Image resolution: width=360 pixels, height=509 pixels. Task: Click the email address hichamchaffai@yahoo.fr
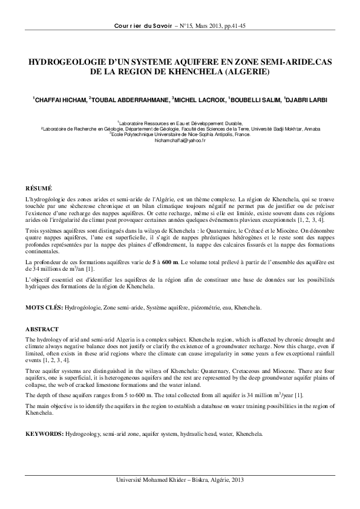180,140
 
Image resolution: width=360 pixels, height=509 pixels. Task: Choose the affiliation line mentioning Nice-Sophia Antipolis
180,134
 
